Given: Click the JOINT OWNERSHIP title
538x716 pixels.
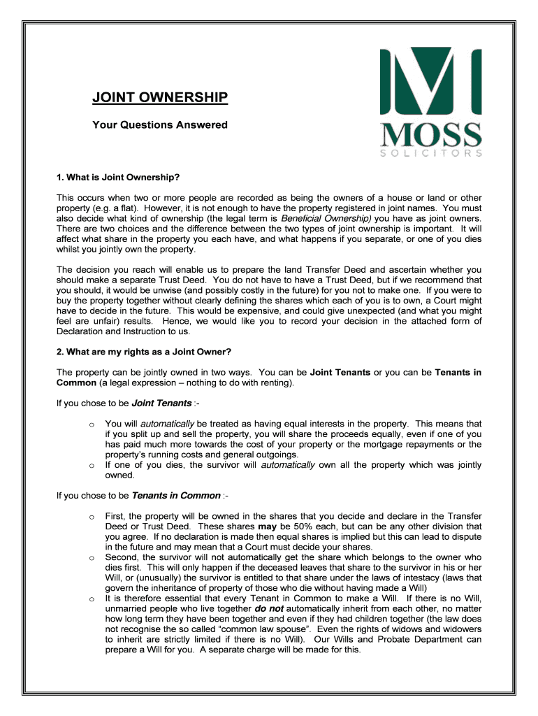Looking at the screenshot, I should tap(160, 97).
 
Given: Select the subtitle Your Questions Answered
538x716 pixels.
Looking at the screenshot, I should tap(160, 125).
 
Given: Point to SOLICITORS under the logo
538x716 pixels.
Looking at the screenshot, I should tap(430, 152).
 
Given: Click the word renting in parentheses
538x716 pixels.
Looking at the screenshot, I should tap(275, 383).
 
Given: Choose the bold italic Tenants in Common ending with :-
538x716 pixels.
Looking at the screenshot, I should tap(175, 496).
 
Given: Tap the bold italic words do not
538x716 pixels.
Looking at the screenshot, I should tap(269, 609).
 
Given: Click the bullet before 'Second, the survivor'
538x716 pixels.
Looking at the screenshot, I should tap(92, 558).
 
